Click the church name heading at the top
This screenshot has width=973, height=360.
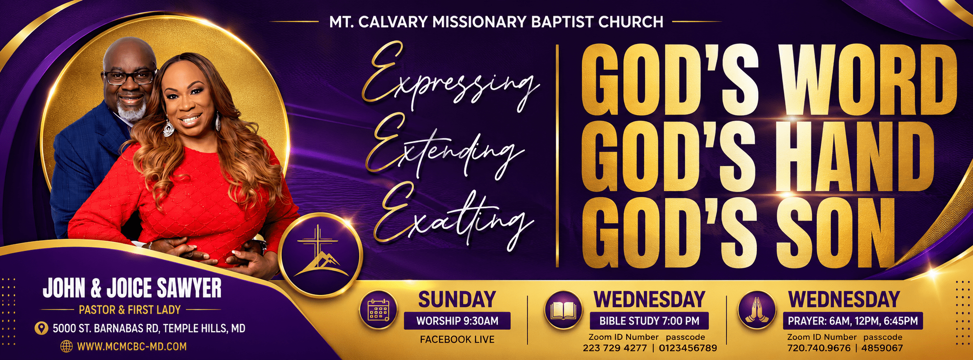click(496, 22)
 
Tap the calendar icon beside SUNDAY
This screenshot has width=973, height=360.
click(377, 310)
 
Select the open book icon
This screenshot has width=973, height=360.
click(562, 310)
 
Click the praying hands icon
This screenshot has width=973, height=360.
click(757, 310)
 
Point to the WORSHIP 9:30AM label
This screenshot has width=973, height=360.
click(457, 321)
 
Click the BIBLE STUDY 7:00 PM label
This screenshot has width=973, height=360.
click(649, 321)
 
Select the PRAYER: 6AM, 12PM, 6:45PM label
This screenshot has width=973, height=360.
click(853, 321)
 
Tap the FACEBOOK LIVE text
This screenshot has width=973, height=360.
click(457, 339)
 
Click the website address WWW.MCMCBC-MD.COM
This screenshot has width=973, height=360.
click(132, 347)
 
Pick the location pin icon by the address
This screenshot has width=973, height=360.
click(42, 328)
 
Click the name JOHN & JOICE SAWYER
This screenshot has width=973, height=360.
click(132, 288)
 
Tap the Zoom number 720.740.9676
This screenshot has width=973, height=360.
click(818, 348)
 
